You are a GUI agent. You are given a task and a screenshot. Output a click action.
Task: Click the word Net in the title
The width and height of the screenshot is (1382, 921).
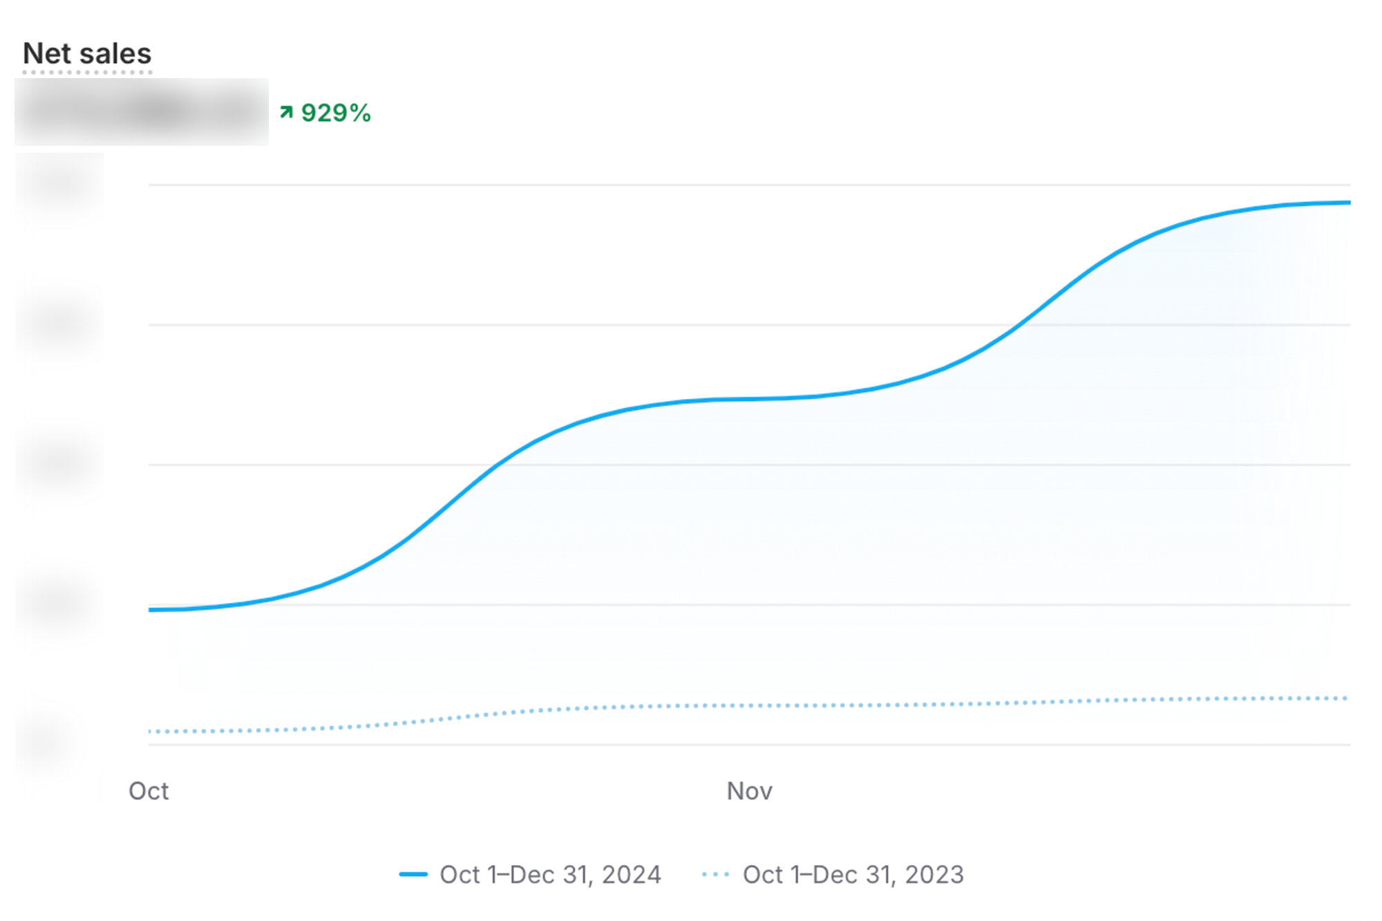pyautogui.click(x=47, y=54)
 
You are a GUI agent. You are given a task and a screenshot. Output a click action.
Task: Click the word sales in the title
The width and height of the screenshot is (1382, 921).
pyautogui.click(x=115, y=54)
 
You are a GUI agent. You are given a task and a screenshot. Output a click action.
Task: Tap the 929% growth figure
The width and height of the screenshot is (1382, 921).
pyautogui.click(x=336, y=113)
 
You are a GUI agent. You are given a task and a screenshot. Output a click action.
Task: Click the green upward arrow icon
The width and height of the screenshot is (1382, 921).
pyautogui.click(x=286, y=112)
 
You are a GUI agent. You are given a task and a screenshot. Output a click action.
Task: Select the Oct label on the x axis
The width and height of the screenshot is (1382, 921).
pyautogui.click(x=149, y=791)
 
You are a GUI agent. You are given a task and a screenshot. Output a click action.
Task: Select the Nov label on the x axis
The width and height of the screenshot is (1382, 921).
pyautogui.click(x=750, y=791)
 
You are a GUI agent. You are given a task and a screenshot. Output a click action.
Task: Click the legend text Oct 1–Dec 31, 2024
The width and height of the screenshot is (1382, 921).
pyautogui.click(x=550, y=875)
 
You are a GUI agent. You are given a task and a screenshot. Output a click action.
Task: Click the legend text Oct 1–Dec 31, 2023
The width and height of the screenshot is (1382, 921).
pyautogui.click(x=853, y=875)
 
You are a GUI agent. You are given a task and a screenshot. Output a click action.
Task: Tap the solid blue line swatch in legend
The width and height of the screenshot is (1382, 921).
pyautogui.click(x=413, y=875)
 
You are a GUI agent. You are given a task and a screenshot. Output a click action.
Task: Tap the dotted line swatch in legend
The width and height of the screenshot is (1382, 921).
pyautogui.click(x=715, y=875)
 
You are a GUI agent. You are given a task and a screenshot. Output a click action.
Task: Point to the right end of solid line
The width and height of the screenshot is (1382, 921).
pyautogui.click(x=1348, y=203)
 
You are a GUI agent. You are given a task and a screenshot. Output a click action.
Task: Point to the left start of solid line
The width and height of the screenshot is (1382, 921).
pyautogui.click(x=151, y=610)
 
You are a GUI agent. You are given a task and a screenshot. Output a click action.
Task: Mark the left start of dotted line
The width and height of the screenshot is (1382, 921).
pyautogui.click(x=151, y=731)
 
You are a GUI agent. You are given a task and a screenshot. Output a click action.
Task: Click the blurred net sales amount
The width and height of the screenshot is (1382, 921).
pyautogui.click(x=142, y=112)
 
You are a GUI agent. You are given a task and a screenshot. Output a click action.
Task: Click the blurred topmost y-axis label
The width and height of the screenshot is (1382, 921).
pyautogui.click(x=59, y=184)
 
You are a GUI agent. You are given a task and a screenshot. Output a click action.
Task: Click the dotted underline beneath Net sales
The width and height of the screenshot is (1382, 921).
pyautogui.click(x=87, y=72)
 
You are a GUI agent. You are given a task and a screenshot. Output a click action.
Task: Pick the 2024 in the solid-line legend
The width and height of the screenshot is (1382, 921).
pyautogui.click(x=632, y=875)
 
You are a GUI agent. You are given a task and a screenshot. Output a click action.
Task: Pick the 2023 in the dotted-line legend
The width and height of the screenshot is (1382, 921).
pyautogui.click(x=934, y=875)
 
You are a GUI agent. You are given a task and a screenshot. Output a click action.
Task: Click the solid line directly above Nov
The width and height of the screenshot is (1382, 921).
pyautogui.click(x=750, y=399)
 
